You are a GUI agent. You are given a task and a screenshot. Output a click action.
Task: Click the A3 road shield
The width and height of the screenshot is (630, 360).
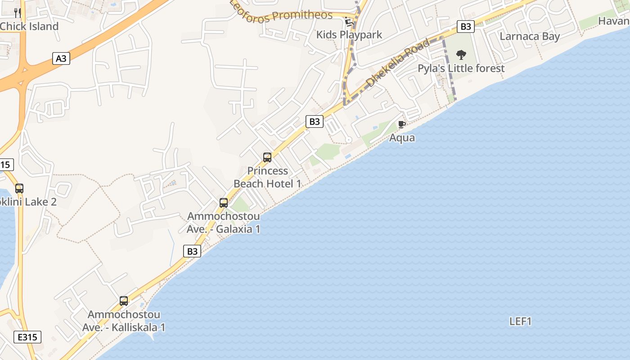[61, 58]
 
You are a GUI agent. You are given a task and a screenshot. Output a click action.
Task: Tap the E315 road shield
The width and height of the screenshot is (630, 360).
[27, 337]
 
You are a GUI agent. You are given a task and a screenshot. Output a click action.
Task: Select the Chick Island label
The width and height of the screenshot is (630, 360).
[29, 26]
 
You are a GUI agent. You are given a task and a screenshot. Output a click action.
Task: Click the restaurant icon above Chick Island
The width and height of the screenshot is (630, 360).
[18, 13]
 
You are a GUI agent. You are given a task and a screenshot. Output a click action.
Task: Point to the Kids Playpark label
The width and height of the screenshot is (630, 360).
[349, 35]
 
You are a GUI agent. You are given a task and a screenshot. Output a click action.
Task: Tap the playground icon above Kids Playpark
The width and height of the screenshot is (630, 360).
[348, 21]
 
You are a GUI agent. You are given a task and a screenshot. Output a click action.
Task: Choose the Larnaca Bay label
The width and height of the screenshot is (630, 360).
[530, 36]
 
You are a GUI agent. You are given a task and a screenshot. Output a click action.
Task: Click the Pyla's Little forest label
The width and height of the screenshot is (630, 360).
[461, 68]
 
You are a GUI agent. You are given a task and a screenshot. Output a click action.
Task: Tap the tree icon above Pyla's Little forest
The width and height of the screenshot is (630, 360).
[461, 55]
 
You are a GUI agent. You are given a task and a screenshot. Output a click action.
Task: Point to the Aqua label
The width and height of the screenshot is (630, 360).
[402, 138]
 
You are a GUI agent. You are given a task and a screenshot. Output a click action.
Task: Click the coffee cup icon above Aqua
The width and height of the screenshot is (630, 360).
[402, 125]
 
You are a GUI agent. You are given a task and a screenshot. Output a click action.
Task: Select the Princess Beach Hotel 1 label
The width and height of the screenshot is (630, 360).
[267, 177]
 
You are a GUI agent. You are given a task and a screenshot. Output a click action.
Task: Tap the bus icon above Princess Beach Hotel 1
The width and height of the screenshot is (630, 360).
[267, 157]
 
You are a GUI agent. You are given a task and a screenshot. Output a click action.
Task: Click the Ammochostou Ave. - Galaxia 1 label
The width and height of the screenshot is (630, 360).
[224, 223]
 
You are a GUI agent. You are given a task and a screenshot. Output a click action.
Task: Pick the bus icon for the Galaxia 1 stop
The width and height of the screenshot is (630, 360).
[224, 203]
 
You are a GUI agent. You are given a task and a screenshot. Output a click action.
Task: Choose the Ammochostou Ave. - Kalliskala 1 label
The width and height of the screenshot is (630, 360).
[124, 321]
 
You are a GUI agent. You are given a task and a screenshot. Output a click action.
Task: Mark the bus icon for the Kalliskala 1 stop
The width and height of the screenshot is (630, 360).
[124, 301]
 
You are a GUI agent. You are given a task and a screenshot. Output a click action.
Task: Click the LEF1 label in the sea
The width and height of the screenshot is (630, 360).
[521, 321]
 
